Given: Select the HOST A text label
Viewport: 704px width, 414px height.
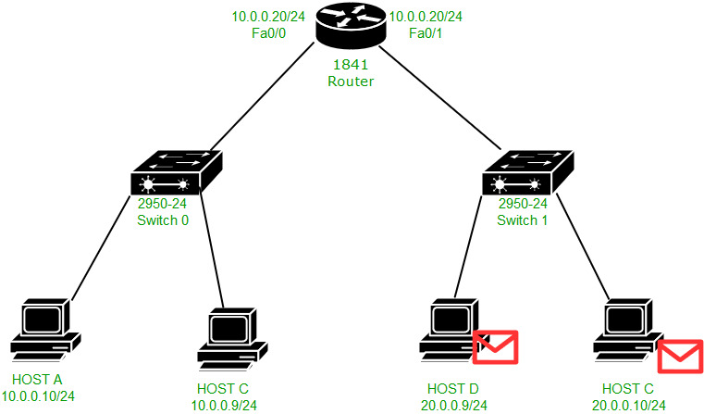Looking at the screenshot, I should [x=38, y=380].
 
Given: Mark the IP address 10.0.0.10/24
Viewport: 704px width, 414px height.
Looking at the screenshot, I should [x=44, y=395].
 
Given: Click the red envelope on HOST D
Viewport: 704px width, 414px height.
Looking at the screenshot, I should [x=495, y=347].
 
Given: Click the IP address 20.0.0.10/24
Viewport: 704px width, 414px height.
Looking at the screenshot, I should [x=628, y=404].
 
